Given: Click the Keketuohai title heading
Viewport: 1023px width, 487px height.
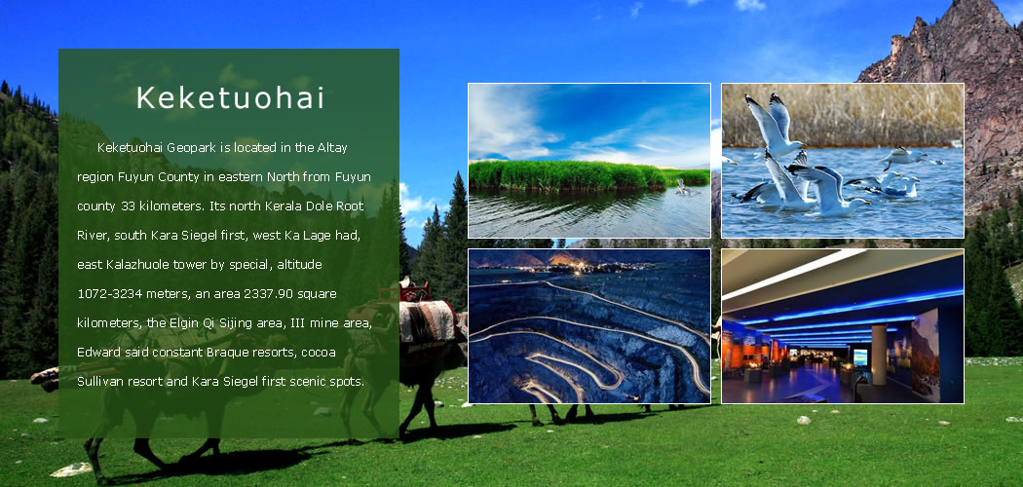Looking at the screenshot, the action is click(230, 97).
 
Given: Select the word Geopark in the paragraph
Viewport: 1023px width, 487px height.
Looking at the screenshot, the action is click(191, 148).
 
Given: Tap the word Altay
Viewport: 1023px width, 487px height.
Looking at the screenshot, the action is click(332, 147).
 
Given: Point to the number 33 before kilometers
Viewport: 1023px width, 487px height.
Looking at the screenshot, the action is click(128, 206).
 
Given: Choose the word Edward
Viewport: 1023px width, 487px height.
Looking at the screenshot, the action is click(97, 353).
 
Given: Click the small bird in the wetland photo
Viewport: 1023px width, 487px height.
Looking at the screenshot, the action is click(683, 187).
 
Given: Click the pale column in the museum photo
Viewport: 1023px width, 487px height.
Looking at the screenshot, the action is click(879, 355).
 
